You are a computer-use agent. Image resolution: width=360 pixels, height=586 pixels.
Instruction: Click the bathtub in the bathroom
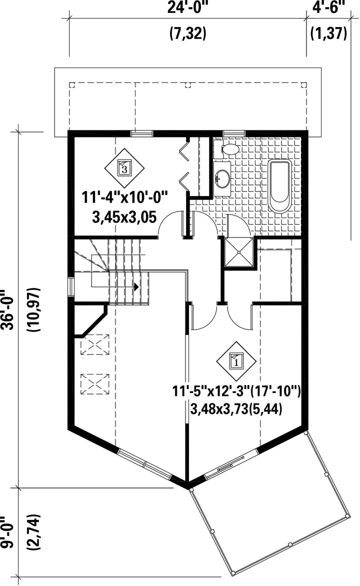[x=279, y=186]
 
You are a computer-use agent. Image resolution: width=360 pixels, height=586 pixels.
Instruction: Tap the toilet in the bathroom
[x=226, y=148]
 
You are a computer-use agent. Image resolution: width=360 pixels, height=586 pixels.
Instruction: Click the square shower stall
[x=238, y=252]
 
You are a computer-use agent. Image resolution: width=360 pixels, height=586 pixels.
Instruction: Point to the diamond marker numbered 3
[x=124, y=168]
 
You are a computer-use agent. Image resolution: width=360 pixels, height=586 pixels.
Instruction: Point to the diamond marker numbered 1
[x=236, y=361]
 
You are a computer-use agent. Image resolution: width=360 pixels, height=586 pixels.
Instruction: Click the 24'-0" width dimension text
[x=187, y=8]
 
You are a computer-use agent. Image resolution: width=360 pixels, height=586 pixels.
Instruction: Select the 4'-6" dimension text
[x=328, y=8]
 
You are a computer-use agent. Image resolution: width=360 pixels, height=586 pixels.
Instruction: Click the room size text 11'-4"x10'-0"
[x=124, y=197]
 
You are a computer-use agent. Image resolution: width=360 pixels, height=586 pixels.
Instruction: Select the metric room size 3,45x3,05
[x=124, y=217]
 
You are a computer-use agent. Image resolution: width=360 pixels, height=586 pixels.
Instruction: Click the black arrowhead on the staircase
[x=136, y=287]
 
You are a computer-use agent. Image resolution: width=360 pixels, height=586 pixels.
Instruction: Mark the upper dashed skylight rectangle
[x=94, y=344]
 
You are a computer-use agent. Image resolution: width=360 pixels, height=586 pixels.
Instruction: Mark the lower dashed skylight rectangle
[x=94, y=384]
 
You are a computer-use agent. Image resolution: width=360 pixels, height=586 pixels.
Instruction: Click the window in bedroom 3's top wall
[x=141, y=133]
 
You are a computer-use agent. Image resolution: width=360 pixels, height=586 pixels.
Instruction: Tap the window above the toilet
[x=234, y=133]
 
